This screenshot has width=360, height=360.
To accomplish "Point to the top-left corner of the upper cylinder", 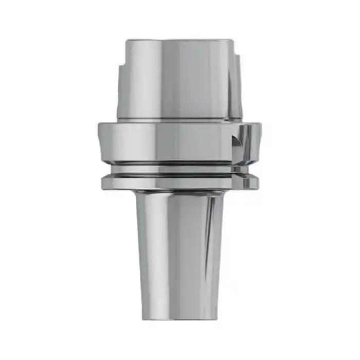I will tap(128, 41).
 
